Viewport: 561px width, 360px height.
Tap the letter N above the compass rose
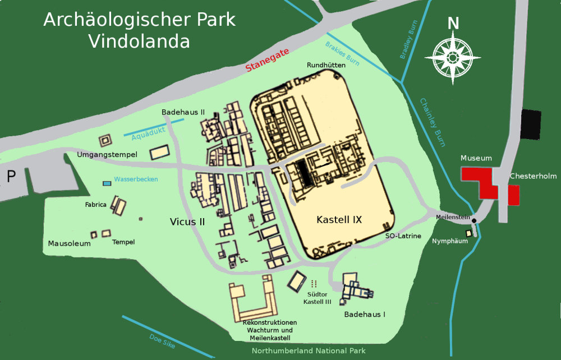453,23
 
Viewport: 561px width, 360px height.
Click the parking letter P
11,177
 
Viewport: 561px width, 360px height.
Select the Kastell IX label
339,220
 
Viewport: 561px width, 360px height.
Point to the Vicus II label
187,222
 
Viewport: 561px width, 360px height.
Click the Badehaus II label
183,112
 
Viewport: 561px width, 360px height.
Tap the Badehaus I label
365,315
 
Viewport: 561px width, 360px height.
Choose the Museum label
476,159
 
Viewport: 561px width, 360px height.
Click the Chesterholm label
533,176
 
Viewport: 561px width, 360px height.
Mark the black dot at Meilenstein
474,220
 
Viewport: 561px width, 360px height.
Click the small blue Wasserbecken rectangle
107,183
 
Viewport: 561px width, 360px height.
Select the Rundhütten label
326,66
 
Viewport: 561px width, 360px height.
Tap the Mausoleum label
69,244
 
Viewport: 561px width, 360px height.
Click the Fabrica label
96,205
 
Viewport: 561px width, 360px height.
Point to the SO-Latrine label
403,236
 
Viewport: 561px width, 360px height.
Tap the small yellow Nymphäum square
468,233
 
